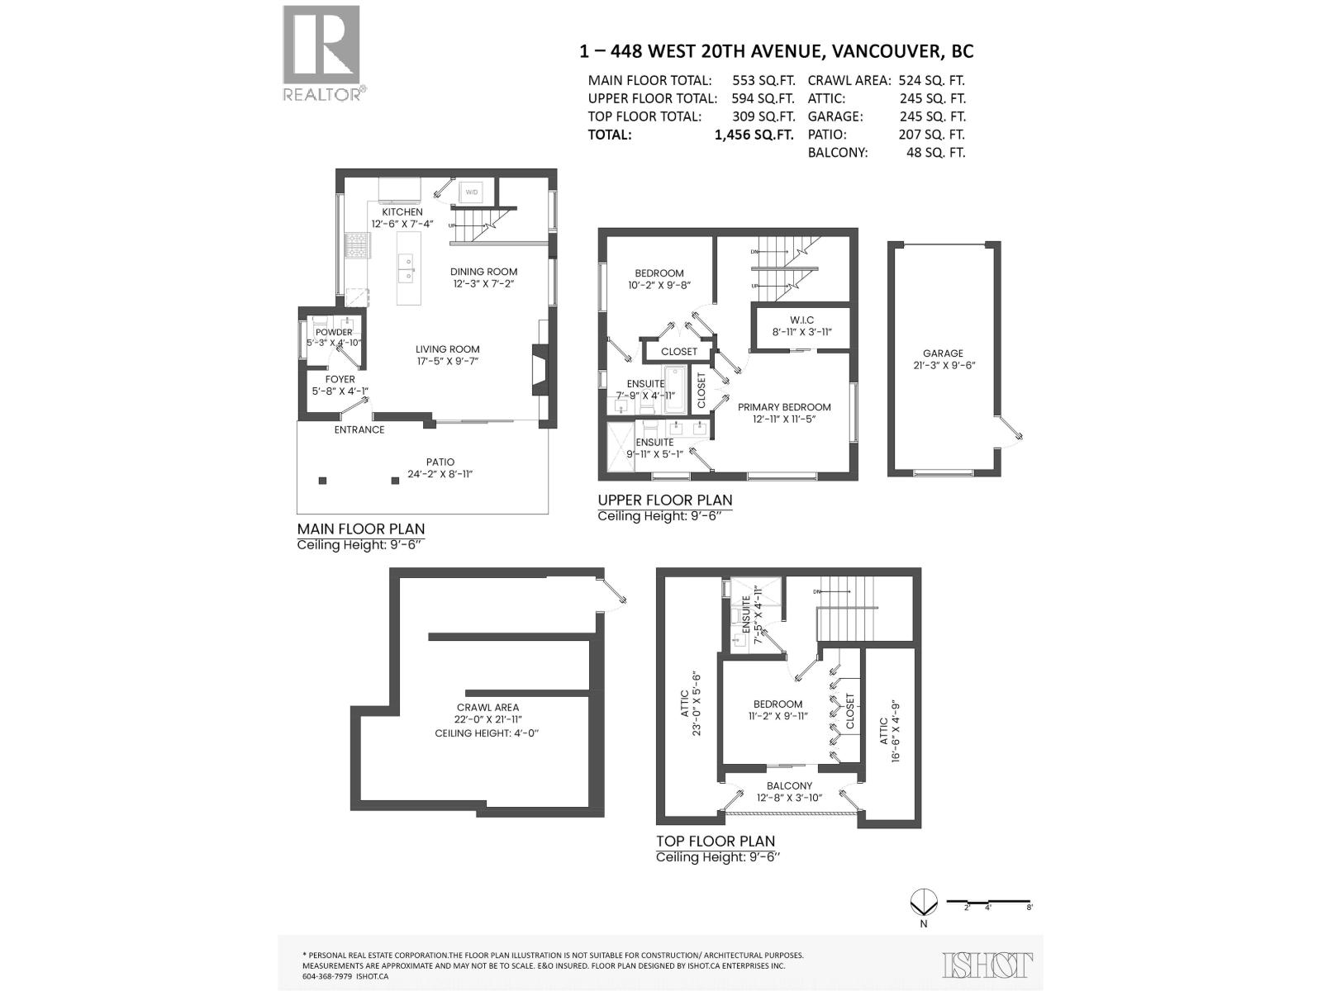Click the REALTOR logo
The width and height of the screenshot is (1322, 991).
tap(321, 53)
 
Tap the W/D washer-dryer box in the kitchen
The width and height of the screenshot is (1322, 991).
tap(472, 192)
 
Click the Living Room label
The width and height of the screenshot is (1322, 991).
tap(448, 349)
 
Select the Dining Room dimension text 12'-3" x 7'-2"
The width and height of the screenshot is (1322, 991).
tap(484, 284)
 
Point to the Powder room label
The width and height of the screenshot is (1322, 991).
tap(334, 332)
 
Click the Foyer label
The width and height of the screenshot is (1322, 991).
tap(340, 379)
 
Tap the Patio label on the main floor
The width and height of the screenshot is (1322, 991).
tap(440, 462)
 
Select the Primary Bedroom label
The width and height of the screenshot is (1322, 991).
tap(784, 406)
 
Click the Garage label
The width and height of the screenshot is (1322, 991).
tap(943, 353)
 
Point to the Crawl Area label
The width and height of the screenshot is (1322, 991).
tap(487, 707)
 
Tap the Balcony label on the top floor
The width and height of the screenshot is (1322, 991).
tap(789, 785)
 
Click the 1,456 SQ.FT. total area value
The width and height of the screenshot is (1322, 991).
tap(754, 135)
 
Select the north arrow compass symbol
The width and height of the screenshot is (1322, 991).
tap(923, 901)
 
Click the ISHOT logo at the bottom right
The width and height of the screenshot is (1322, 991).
tap(987, 964)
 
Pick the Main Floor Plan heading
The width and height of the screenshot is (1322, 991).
tap(361, 529)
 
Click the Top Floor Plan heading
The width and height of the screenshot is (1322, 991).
tap(716, 841)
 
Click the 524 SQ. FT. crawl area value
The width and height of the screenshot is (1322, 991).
tap(931, 80)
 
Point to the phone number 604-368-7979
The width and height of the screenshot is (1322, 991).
tap(327, 975)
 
